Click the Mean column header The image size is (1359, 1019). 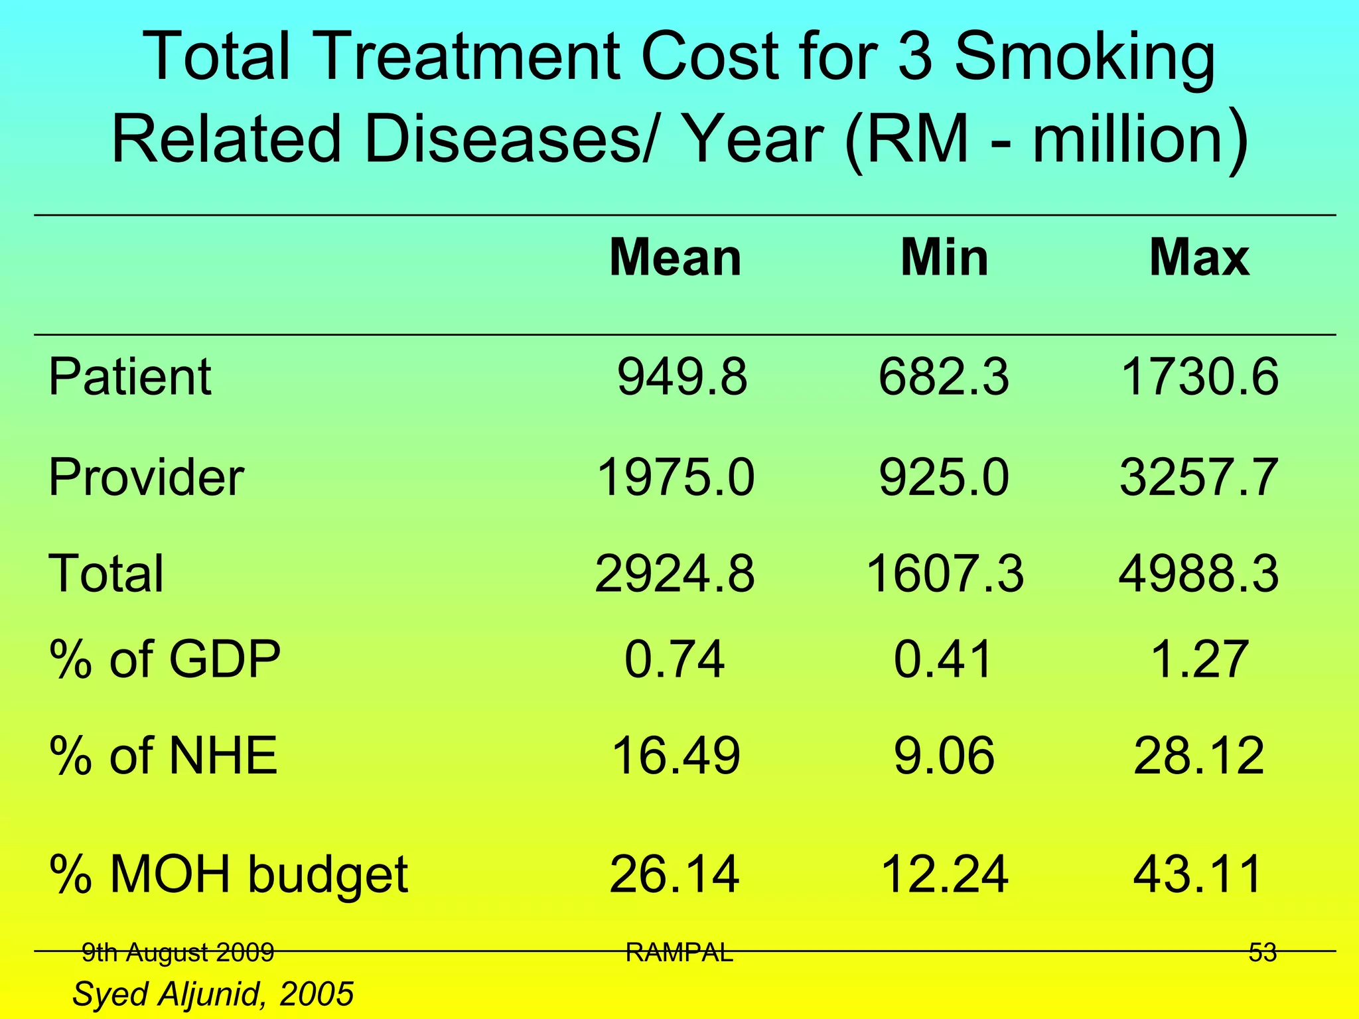(675, 257)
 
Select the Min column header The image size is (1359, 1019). (944, 257)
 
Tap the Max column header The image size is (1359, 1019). (1199, 257)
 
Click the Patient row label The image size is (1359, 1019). (130, 377)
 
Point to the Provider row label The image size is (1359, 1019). (147, 477)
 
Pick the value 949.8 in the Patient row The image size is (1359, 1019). (682, 377)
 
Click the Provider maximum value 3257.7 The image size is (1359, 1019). (1198, 477)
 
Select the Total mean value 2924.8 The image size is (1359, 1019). (675, 574)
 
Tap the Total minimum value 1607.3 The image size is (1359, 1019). (945, 574)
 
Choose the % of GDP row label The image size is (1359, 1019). (165, 659)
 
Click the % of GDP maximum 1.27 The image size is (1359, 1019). (1198, 659)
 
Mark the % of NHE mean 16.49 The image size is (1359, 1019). (675, 756)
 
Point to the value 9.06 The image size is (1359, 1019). (944, 756)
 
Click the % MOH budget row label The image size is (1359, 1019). (229, 874)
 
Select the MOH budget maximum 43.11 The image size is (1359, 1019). (1198, 874)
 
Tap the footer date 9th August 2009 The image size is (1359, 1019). (178, 953)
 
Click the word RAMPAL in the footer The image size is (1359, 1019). (679, 953)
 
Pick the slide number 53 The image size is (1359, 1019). (1262, 953)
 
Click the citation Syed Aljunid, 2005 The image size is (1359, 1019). (213, 994)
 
